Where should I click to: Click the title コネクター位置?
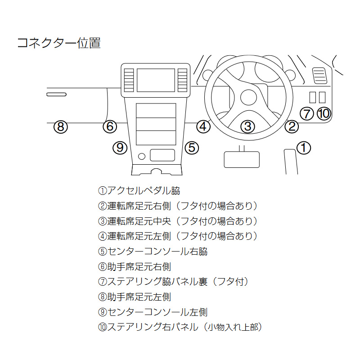point(58,43)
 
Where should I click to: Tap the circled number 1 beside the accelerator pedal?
point(304,147)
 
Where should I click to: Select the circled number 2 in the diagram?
point(292,126)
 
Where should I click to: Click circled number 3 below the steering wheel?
point(247,126)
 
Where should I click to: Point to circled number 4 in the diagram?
point(203,126)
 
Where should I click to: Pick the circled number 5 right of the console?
point(192,147)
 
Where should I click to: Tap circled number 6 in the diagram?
point(109,126)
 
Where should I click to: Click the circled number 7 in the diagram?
point(306,113)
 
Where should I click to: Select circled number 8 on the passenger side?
point(61,126)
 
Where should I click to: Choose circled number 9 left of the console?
point(120,147)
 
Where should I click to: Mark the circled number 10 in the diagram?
point(324,113)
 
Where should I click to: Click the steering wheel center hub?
point(248,97)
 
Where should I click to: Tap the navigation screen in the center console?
point(156,80)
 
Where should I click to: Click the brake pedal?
point(242,159)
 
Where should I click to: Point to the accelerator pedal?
point(290,162)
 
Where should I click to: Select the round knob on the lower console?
point(142,156)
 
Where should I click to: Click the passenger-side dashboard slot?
point(57,94)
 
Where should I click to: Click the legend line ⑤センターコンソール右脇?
point(153,251)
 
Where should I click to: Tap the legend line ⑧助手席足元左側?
point(134,297)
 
